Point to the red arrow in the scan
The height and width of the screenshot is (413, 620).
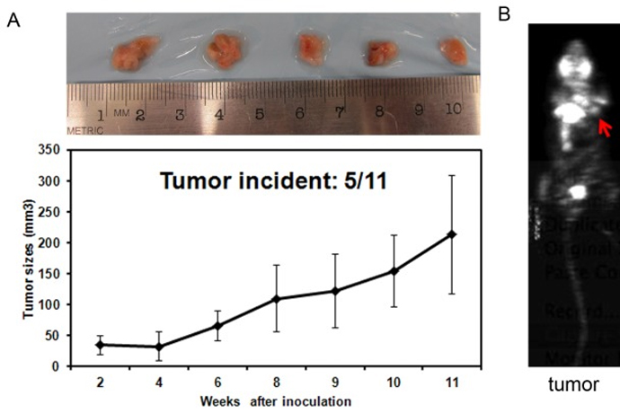tap(607, 129)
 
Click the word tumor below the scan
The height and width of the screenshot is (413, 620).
tap(574, 385)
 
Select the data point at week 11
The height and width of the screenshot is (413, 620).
tap(452, 234)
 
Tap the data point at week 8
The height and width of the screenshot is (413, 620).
tap(276, 298)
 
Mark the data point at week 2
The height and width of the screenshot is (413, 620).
tap(100, 344)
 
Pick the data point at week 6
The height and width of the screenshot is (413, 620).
tap(217, 325)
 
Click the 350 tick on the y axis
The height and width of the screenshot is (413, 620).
tap(57, 148)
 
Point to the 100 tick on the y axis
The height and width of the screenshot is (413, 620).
tap(57, 304)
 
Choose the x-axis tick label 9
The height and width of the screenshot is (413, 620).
tap(335, 382)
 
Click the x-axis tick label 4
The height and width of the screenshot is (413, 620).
tap(159, 382)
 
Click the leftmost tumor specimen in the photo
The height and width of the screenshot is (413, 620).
tap(137, 53)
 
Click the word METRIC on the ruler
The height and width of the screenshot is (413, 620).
tap(86, 129)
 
